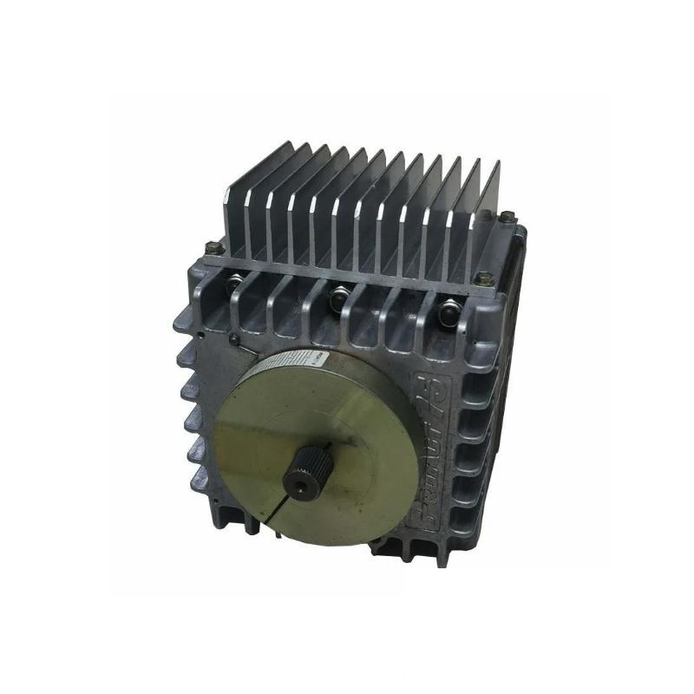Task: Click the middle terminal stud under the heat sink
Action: [x=336, y=298]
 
